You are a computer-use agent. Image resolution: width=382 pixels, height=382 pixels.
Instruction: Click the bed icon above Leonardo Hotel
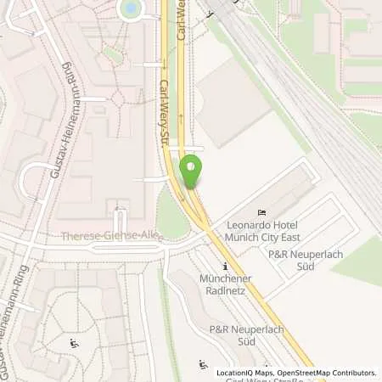pyautogui.click(x=263, y=211)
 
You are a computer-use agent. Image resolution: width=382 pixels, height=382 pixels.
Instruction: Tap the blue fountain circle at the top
pyautogui.click(x=131, y=8)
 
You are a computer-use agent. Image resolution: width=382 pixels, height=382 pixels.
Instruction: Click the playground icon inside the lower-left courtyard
pyautogui.click(x=74, y=345)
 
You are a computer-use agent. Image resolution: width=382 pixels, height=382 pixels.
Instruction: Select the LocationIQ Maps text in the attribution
pyautogui.click(x=244, y=373)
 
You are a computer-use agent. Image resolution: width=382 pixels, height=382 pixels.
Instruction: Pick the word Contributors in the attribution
pyautogui.click(x=352, y=373)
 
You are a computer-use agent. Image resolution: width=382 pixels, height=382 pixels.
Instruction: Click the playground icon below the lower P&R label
pyautogui.click(x=203, y=365)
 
